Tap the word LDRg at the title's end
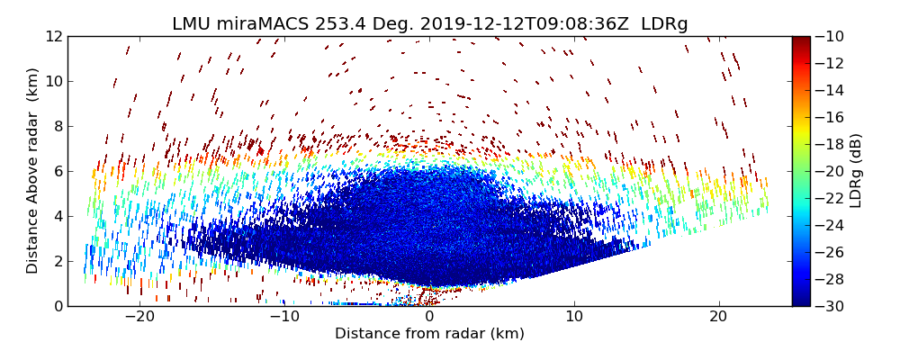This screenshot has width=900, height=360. (x=664, y=24)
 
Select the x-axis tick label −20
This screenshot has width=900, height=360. (x=139, y=318)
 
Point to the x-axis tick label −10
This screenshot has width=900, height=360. (x=284, y=318)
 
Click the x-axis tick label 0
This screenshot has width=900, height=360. (x=429, y=318)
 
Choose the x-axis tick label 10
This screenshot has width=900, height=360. (x=574, y=318)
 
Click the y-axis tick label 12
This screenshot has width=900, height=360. (x=51, y=36)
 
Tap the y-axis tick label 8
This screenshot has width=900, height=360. (x=56, y=126)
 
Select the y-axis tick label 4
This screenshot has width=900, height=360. (x=56, y=216)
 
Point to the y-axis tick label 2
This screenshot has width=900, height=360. (x=56, y=261)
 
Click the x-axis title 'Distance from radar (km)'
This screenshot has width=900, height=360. (x=429, y=334)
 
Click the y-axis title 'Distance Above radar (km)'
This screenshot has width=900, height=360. (x=33, y=171)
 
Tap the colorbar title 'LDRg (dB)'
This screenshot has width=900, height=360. (x=856, y=171)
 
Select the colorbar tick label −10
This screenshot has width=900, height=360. (x=831, y=36)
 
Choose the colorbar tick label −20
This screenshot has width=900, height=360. (x=831, y=171)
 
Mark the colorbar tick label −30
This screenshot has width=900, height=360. (x=831, y=306)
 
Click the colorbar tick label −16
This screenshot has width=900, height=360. (x=831, y=117)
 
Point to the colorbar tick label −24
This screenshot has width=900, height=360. (x=831, y=225)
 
